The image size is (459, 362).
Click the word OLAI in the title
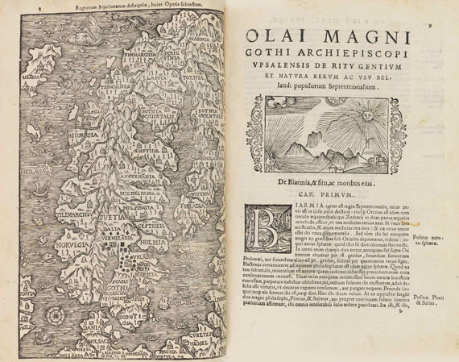pyautogui.click(x=280, y=37)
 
